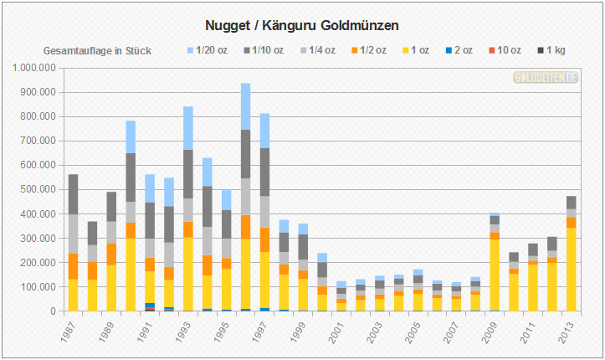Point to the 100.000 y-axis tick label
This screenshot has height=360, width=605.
pos(37,287)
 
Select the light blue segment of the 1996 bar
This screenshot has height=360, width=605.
pos(245,106)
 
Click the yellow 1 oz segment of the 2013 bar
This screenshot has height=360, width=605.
pos(572,269)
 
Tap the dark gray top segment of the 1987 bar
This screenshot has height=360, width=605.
pos(73,193)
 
